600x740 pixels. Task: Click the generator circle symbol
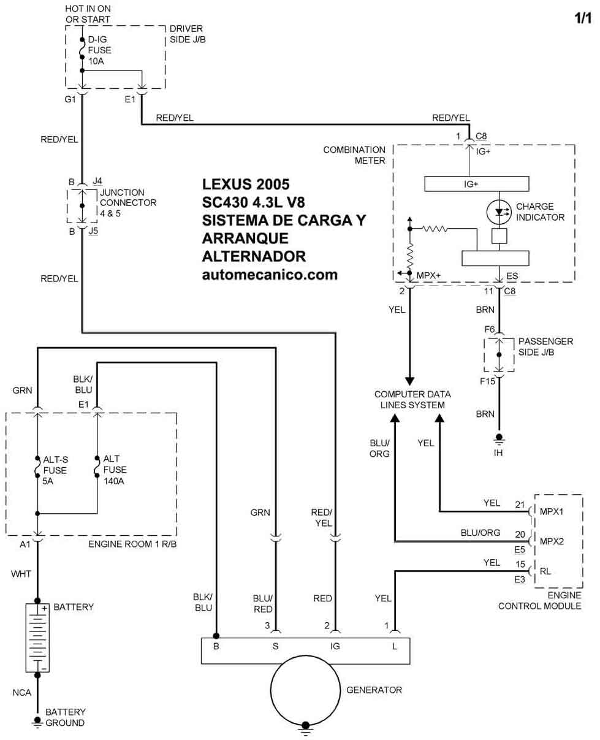point(305,690)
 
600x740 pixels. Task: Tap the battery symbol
point(37,638)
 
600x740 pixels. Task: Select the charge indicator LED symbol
point(500,212)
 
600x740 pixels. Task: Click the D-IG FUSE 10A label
point(100,51)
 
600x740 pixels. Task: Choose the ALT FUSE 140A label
point(115,470)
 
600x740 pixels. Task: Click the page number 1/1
point(583,19)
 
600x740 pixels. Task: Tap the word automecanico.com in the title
point(270,275)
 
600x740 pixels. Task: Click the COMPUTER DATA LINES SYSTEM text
point(412,399)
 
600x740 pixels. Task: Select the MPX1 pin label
point(552,510)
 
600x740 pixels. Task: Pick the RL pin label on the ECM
point(545,571)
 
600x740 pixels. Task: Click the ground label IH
point(499,454)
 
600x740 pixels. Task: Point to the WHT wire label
point(21,574)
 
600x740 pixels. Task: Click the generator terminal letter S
point(276,646)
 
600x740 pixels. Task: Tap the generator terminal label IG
point(335,646)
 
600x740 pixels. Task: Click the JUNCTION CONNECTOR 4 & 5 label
point(127,202)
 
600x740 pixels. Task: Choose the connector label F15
point(488,381)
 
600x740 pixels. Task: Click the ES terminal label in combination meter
point(512,276)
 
